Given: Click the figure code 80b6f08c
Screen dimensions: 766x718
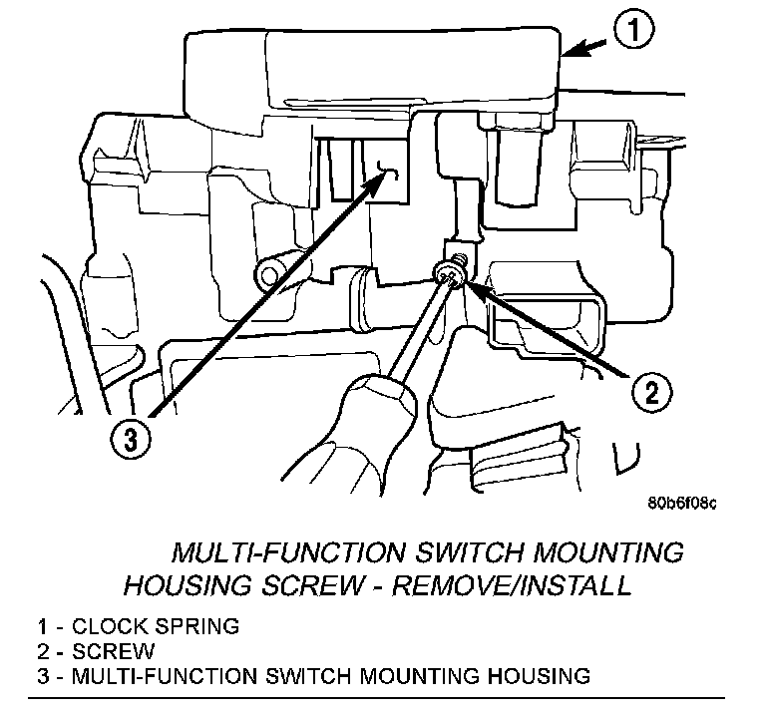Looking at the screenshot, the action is pyautogui.click(x=678, y=502).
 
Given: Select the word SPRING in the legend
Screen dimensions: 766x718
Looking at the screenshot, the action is pyautogui.click(x=201, y=627).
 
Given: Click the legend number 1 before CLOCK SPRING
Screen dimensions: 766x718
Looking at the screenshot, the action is pyautogui.click(x=42, y=627).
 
